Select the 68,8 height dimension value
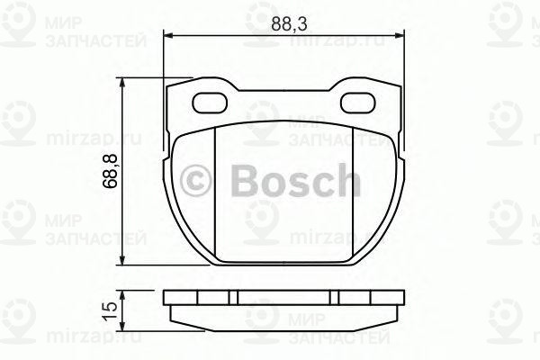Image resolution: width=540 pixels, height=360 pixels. [x=109, y=172]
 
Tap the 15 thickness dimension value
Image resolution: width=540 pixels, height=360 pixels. [x=109, y=309]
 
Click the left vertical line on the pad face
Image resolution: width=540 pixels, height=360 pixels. [x=220, y=193]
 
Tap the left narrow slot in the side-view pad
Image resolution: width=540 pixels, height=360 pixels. [x=232, y=296]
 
